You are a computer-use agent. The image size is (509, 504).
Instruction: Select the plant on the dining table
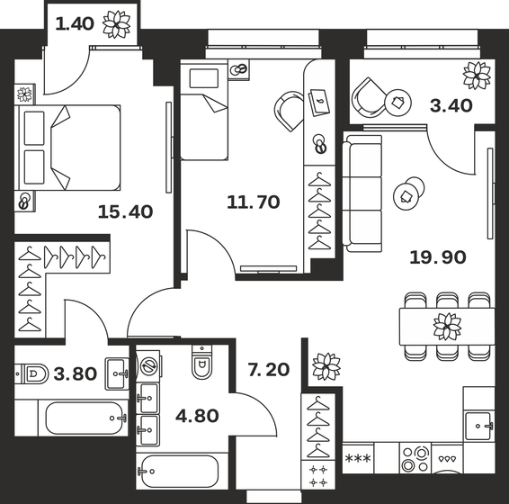point(446,324)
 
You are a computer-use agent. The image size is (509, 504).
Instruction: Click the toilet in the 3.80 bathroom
point(32,372)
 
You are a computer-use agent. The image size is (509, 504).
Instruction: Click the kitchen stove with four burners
point(416,458)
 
